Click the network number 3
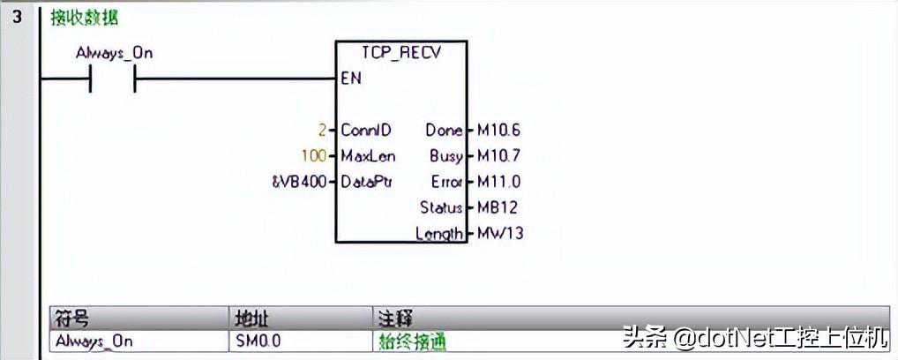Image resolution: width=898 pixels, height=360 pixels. [x=17, y=17]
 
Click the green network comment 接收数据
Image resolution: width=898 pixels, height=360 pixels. [x=84, y=18]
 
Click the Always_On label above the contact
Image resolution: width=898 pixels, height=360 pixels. [x=114, y=53]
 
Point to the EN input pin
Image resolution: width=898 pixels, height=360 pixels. [x=351, y=79]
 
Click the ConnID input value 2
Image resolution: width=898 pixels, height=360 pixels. [x=323, y=131]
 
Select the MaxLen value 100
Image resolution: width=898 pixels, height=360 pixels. [x=313, y=156]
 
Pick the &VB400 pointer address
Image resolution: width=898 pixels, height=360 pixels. [x=298, y=183]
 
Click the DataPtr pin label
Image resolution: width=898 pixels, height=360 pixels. [x=367, y=183]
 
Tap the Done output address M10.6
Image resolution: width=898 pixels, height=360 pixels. [x=498, y=131]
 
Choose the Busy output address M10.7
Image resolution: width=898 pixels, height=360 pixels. [x=498, y=156]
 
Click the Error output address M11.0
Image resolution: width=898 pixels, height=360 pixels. [x=498, y=183]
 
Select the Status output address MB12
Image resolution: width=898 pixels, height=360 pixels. [x=497, y=208]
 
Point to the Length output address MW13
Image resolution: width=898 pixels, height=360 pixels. [x=499, y=234]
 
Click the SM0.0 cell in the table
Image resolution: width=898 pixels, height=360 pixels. [x=258, y=341]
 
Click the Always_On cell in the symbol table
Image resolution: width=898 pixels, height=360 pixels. [x=94, y=341]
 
